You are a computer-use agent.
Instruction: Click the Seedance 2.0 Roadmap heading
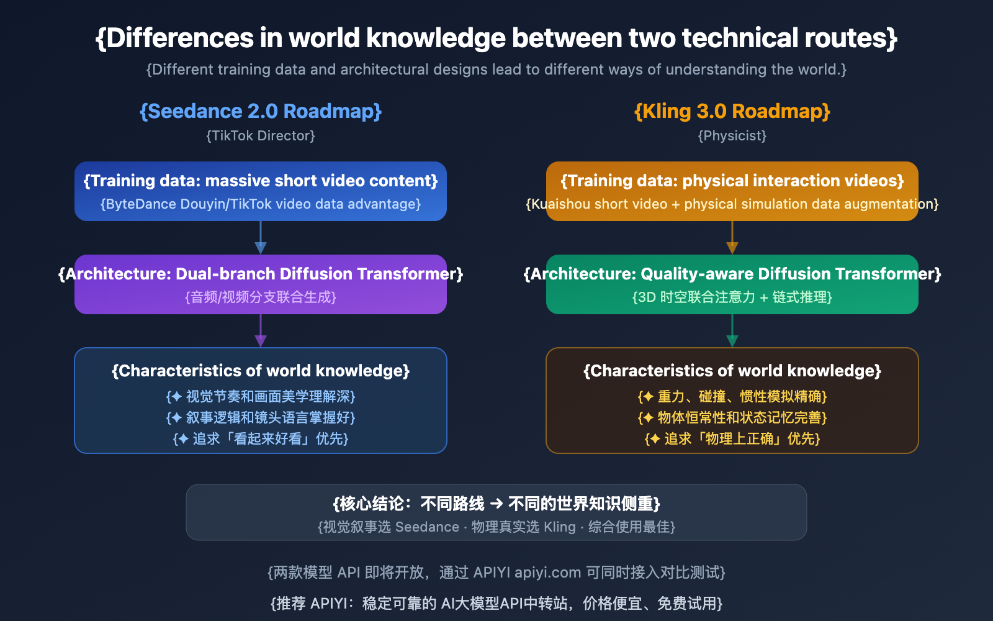[261, 111]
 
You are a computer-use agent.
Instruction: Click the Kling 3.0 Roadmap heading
[732, 111]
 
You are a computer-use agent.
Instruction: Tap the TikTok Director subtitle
[261, 135]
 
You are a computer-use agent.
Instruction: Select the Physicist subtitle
[732, 135]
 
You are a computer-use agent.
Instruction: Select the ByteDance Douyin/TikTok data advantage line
[261, 204]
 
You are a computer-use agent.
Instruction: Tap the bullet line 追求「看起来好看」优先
[261, 439]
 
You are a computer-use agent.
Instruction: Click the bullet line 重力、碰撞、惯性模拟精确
[732, 397]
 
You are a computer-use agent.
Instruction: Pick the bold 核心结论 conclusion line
[496, 504]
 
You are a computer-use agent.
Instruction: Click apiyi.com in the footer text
[547, 573]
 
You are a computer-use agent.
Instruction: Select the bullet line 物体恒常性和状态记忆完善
[732, 418]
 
